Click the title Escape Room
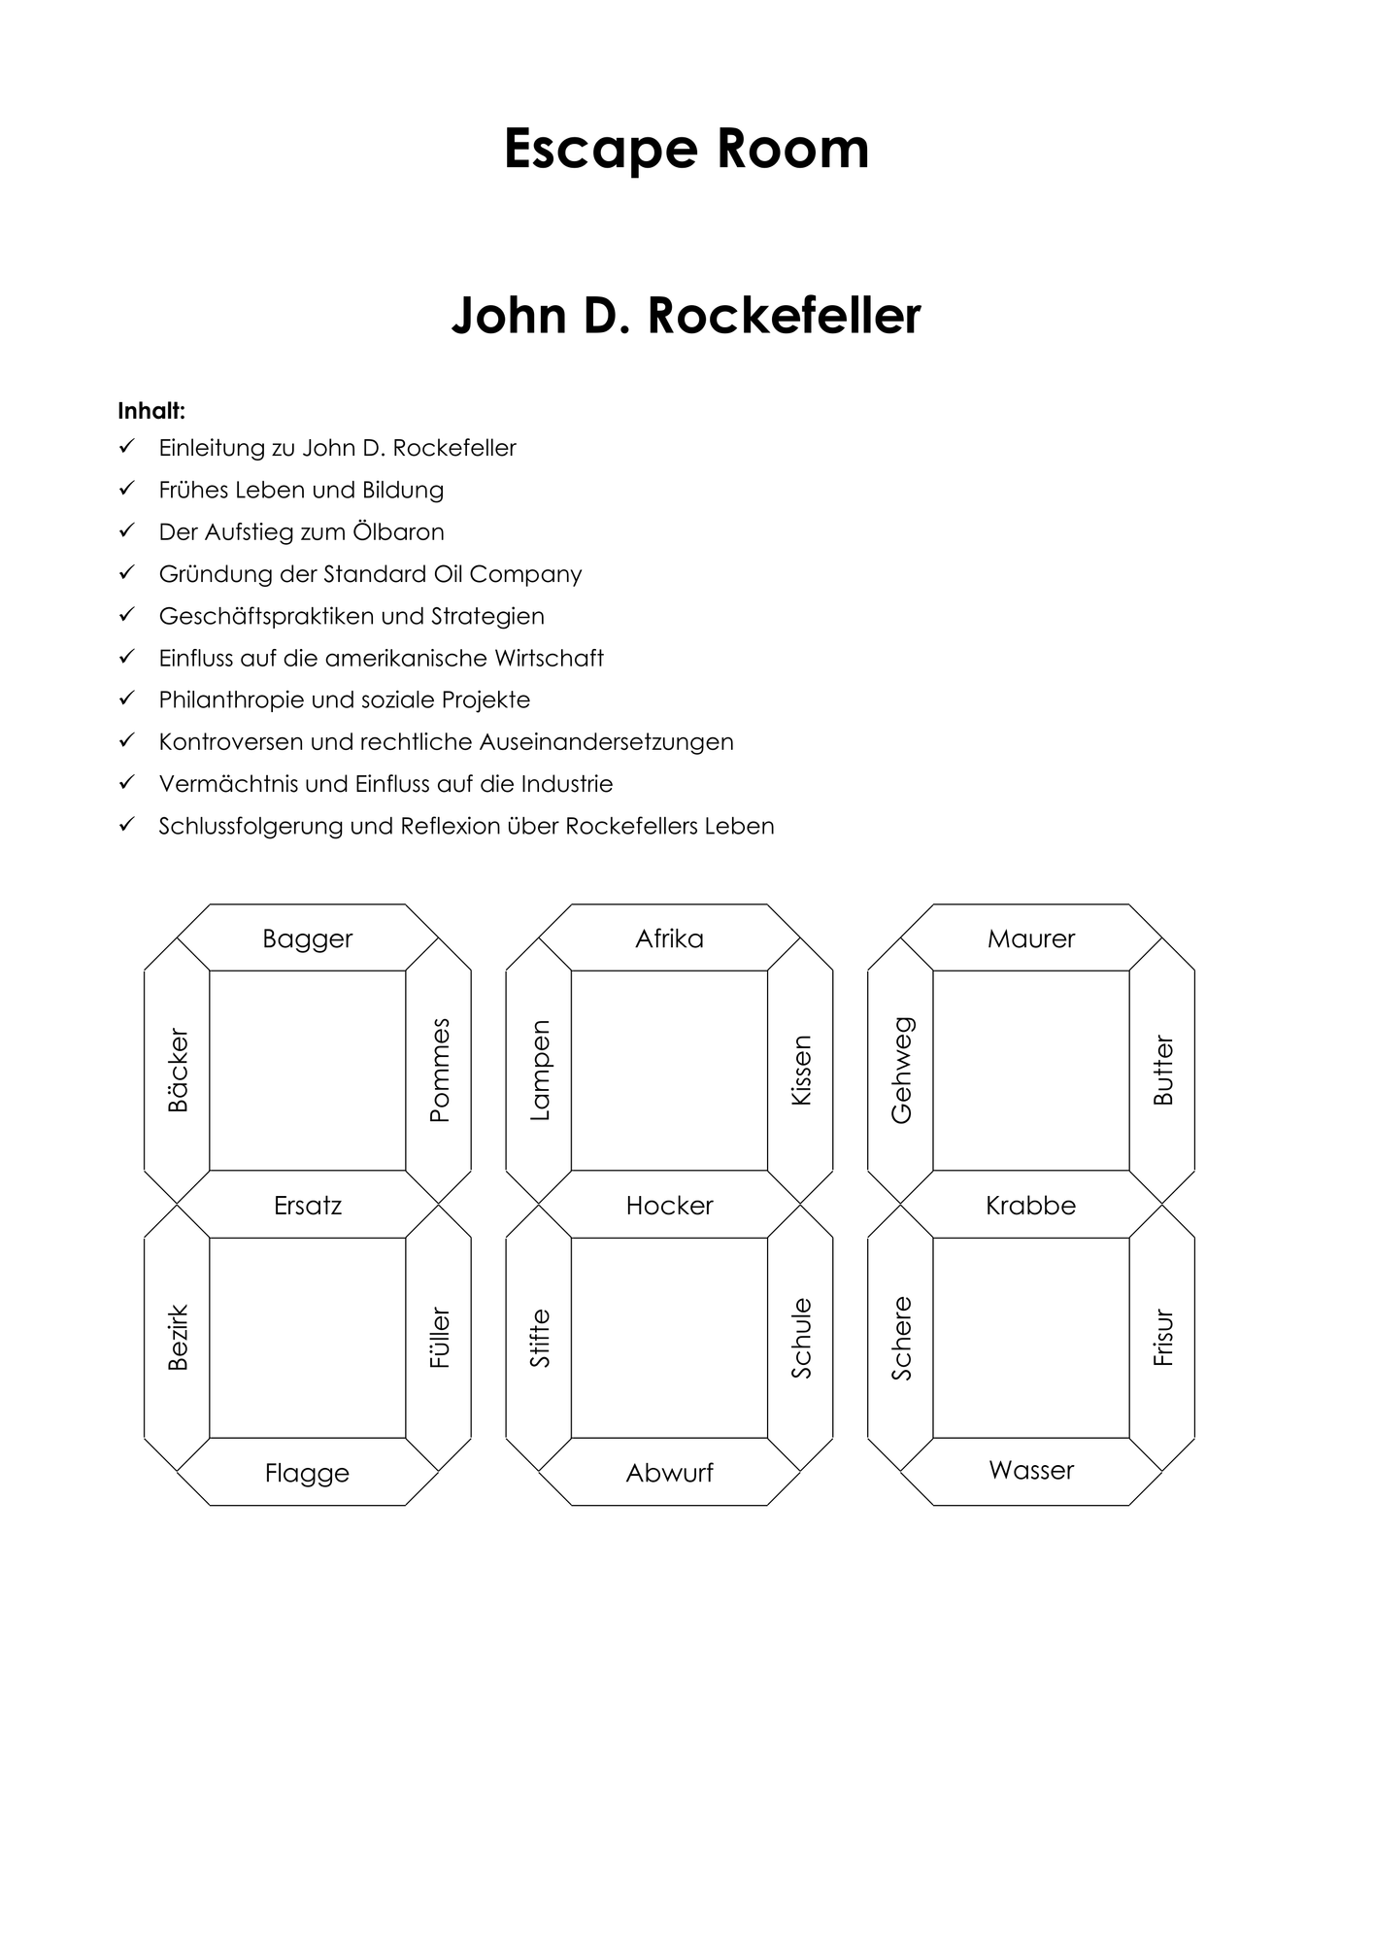686,149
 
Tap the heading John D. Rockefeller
686,315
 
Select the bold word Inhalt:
151,411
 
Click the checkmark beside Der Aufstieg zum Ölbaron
126,530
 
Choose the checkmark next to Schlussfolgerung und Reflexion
126,825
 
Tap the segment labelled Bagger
308,937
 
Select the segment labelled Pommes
439,1071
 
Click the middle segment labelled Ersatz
308,1205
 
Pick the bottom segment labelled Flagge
308,1472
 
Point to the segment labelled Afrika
669,937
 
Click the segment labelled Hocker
669,1205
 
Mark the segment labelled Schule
801,1338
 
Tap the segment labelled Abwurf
669,1472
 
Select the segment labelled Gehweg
901,1071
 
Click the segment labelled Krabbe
1031,1205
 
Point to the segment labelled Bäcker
178,1071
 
